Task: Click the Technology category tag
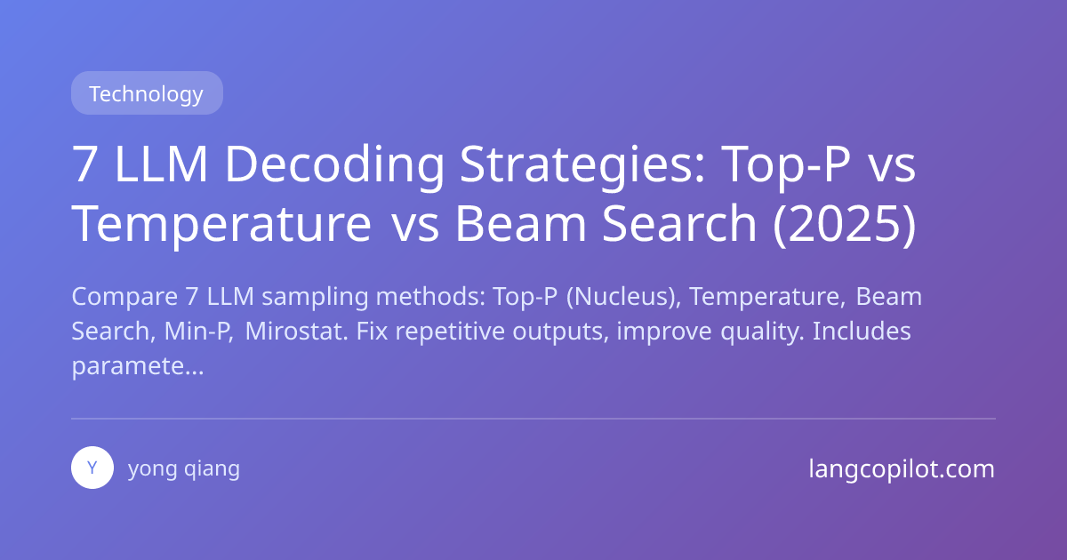coord(146,93)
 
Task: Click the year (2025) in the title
coord(844,225)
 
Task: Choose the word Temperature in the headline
coord(221,225)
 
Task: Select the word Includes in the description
coord(862,332)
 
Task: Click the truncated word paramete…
coord(137,366)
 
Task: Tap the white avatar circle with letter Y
coord(92,468)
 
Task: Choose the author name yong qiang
coord(184,468)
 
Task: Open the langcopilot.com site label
coord(902,468)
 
